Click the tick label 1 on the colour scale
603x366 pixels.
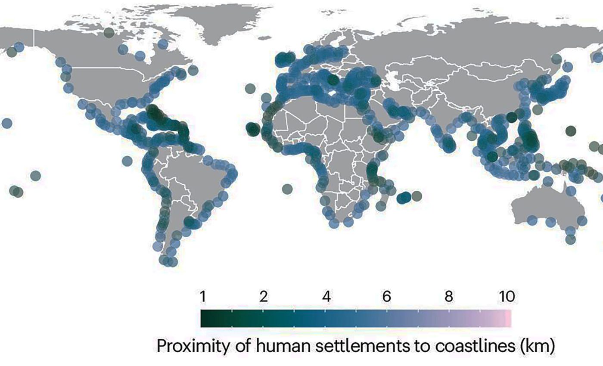pos(202,297)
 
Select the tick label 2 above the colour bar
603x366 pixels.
pos(264,297)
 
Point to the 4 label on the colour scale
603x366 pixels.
pos(326,297)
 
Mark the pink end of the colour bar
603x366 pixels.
pos(508,319)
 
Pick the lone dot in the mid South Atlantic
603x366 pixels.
pos(287,188)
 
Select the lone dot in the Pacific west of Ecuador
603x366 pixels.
pos(127,161)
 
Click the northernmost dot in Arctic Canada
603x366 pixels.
pos(109,32)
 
